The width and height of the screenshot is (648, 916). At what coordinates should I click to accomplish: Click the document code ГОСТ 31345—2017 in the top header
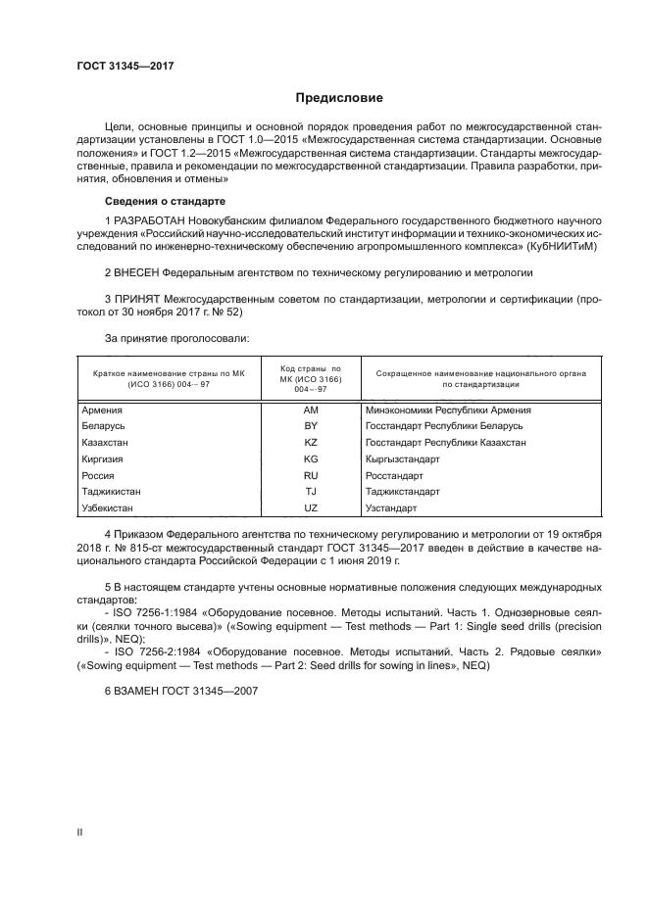pyautogui.click(x=118, y=67)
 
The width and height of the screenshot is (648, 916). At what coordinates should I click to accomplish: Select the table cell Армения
pyautogui.click(x=102, y=410)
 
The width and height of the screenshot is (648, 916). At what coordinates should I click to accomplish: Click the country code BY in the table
pyautogui.click(x=312, y=426)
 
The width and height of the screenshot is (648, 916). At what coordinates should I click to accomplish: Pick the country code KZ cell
pyautogui.click(x=312, y=443)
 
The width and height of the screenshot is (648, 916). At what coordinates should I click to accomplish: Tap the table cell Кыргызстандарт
pyautogui.click(x=402, y=458)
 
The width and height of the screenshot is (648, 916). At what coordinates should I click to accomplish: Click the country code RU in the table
pyautogui.click(x=312, y=475)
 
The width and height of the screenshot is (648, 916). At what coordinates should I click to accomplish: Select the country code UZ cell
pyautogui.click(x=312, y=507)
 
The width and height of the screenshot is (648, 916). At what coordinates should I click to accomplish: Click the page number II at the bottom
pyautogui.click(x=80, y=831)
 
